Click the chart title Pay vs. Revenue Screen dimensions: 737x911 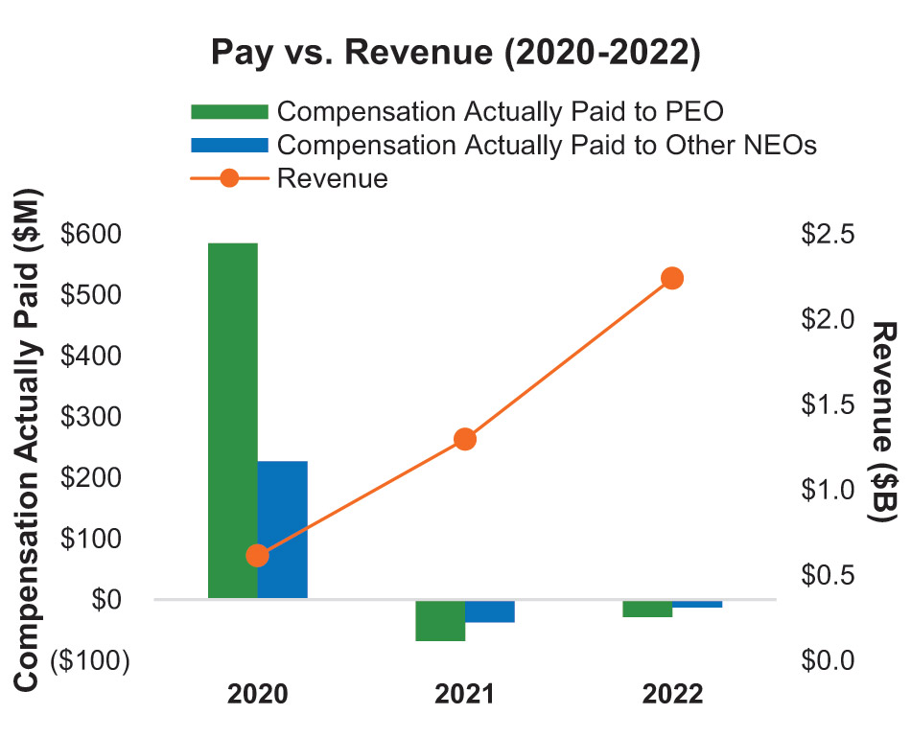[455, 54]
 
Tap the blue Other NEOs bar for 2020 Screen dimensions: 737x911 [282, 529]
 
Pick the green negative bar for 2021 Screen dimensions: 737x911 [440, 620]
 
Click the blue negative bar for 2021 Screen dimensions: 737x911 [490, 611]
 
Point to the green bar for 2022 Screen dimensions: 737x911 [647, 609]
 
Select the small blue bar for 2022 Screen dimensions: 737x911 [697, 604]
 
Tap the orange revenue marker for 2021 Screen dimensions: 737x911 [465, 440]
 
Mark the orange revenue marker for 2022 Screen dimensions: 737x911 [672, 279]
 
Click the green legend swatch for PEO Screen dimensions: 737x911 [229, 111]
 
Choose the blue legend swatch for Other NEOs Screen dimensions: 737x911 [229, 145]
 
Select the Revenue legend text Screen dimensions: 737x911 [332, 178]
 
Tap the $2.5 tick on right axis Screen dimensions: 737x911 [827, 234]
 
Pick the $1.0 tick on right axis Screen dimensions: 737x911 [827, 490]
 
